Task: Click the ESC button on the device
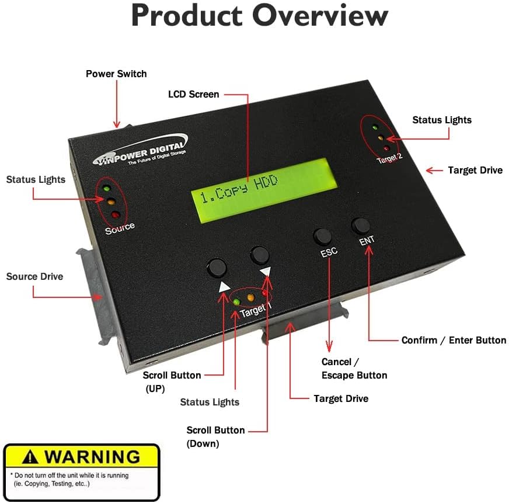[322, 236]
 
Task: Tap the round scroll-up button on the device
[217, 268]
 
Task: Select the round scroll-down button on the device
[260, 255]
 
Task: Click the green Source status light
[107, 189]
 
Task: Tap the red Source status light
[116, 215]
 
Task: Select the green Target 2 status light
[375, 127]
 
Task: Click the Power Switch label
[116, 74]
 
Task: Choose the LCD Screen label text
[194, 94]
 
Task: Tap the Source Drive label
[34, 276]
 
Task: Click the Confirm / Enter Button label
[454, 340]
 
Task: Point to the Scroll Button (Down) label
[215, 436]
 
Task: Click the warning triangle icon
[30, 456]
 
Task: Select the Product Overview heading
[259, 16]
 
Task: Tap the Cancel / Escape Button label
[354, 369]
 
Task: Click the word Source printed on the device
[120, 228]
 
